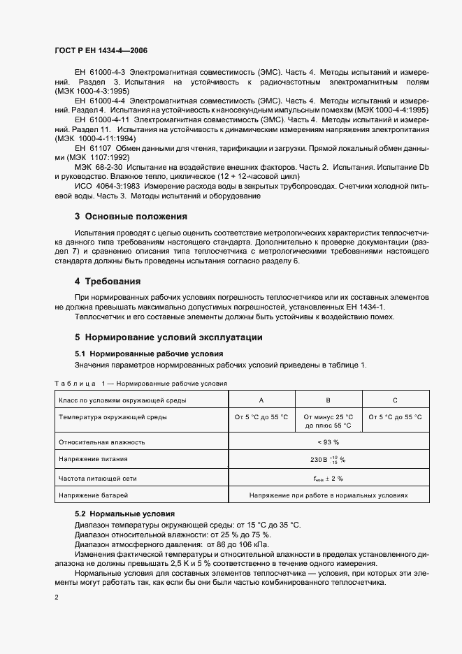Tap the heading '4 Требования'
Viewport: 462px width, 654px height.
[108, 282]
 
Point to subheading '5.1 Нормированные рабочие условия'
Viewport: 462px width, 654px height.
[148, 354]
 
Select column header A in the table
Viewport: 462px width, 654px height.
[261, 400]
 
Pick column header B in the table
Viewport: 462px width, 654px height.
[328, 400]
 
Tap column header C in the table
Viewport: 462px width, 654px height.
[395, 400]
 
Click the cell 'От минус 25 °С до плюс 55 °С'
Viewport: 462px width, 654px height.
[328, 421]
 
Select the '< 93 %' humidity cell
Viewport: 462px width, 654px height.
[328, 442]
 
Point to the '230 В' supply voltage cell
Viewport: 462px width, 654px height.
[328, 460]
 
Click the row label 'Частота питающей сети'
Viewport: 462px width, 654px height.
[98, 478]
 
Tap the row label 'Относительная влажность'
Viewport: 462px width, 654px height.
[102, 442]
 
